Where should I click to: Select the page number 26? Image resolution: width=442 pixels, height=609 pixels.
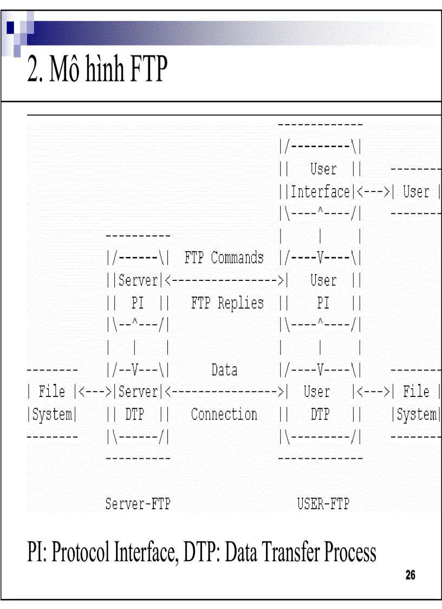410,575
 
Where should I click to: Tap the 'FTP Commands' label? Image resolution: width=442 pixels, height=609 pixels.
224,258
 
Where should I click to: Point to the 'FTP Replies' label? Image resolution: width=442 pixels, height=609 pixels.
227,303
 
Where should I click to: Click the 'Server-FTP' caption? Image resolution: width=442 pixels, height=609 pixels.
138,504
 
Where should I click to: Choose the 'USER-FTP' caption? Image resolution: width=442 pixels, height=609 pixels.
323,504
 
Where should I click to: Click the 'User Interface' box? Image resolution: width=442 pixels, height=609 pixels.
320,181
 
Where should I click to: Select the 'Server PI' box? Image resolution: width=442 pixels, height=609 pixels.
138,292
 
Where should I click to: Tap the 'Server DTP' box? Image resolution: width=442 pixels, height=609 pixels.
138,403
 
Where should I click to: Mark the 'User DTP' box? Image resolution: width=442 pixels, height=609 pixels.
320,403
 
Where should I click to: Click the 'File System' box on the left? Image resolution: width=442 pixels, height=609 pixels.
52,403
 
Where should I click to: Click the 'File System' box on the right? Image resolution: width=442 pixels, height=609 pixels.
416,403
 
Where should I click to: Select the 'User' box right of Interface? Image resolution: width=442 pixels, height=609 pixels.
416,192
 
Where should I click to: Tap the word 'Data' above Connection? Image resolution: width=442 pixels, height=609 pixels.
224,370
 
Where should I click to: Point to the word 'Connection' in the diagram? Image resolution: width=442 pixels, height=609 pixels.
224,415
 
